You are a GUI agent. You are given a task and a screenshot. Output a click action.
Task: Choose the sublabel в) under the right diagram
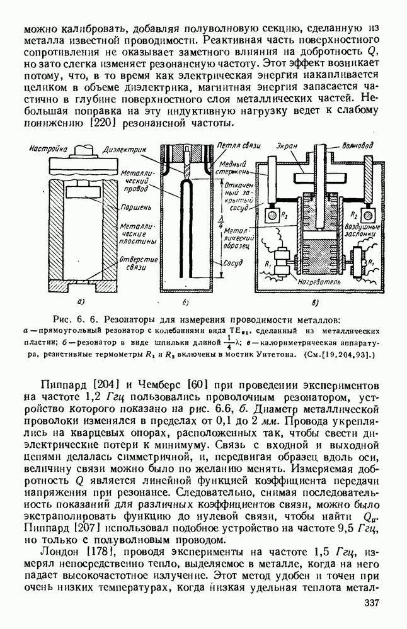(x=315, y=302)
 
